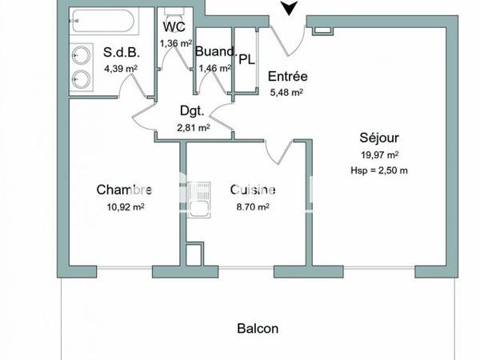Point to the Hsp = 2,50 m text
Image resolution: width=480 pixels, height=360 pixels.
pyautogui.click(x=379, y=170)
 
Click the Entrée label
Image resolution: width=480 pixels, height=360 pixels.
pyautogui.click(x=288, y=77)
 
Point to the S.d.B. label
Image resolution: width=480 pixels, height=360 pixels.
pyautogui.click(x=122, y=54)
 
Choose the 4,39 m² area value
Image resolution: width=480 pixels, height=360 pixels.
pyautogui.click(x=122, y=69)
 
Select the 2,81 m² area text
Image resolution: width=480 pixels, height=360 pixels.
pyautogui.click(x=193, y=127)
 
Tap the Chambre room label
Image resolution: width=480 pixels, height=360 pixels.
pyautogui.click(x=124, y=190)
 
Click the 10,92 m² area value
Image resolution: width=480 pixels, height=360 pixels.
pyautogui.click(x=125, y=206)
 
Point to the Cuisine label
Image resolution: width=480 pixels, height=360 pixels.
pyautogui.click(x=253, y=190)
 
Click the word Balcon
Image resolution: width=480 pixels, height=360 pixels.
pyautogui.click(x=258, y=328)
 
